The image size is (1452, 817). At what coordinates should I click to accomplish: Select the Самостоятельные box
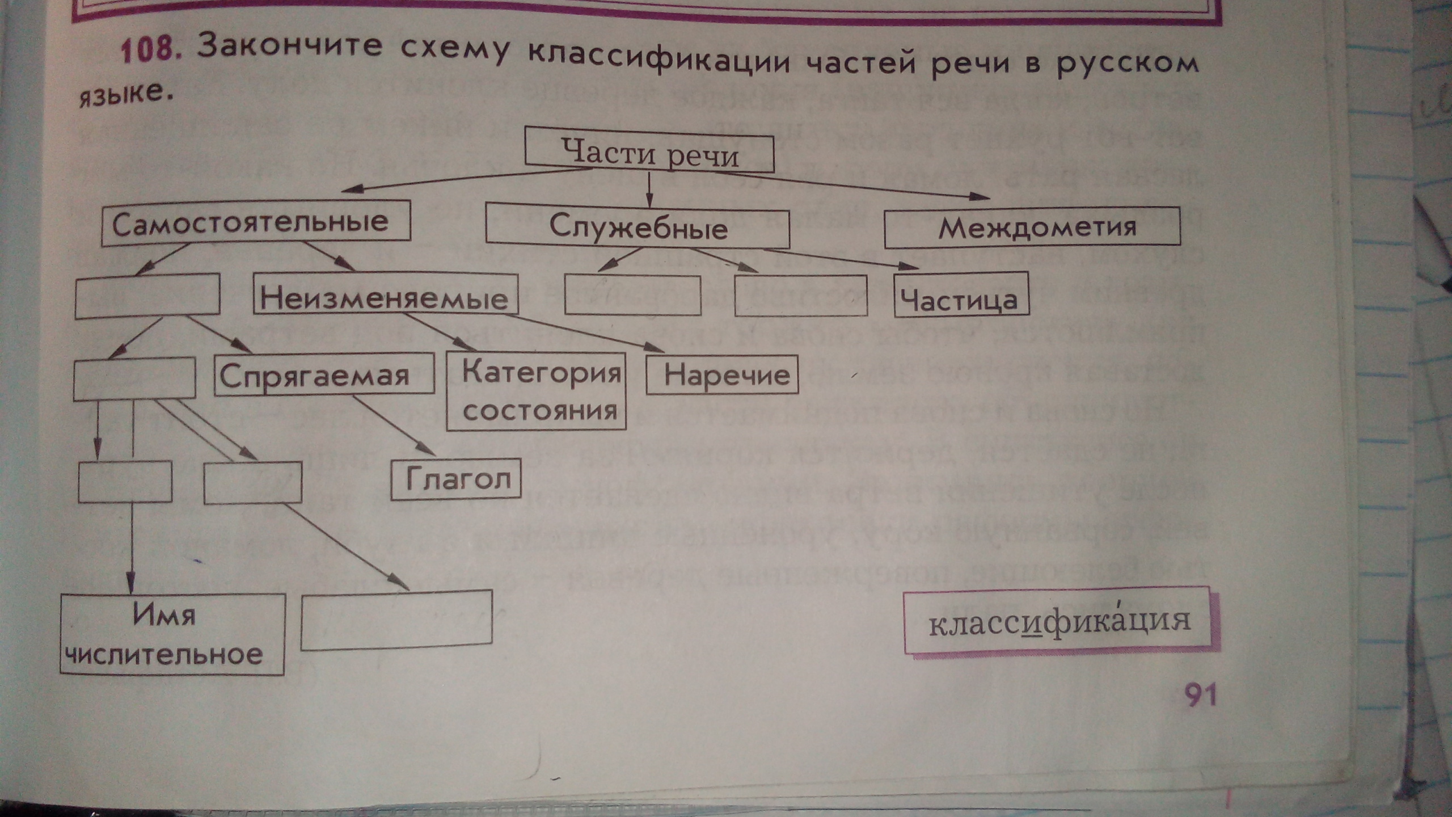[x=255, y=222]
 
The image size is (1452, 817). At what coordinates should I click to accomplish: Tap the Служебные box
[x=638, y=229]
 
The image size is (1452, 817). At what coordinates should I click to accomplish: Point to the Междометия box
[x=1032, y=228]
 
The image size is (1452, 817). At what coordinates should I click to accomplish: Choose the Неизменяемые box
[x=385, y=296]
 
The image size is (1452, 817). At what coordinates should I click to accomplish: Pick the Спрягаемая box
[x=323, y=374]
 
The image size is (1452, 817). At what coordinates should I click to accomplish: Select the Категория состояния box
[x=537, y=391]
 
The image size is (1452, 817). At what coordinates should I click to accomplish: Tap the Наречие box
[x=722, y=374]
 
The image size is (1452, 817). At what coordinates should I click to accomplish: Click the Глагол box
[x=456, y=479]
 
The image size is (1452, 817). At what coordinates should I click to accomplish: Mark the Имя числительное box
[x=172, y=634]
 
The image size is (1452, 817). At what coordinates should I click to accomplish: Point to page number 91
[x=1200, y=694]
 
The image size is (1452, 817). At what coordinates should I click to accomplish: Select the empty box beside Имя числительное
[x=396, y=620]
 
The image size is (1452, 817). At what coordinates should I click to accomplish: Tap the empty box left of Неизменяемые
[x=147, y=294]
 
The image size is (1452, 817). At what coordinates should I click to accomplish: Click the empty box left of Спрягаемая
[x=134, y=378]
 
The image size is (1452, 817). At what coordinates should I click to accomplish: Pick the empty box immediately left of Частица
[x=800, y=296]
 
